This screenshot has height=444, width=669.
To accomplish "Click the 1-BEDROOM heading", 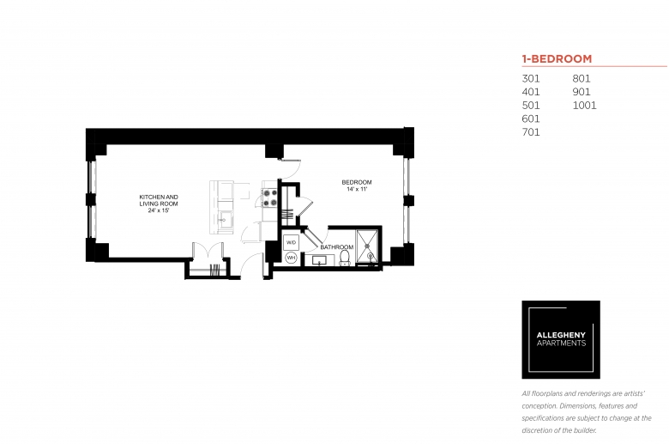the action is [557, 58].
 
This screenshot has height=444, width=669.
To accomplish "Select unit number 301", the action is [531, 79].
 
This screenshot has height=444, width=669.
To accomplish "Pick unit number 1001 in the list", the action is [584, 105].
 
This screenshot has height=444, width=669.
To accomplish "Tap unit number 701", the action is [531, 132].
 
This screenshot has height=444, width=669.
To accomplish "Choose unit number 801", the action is [582, 79].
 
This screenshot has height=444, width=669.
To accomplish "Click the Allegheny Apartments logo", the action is [561, 339].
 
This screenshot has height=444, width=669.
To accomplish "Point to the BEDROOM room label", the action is [357, 182].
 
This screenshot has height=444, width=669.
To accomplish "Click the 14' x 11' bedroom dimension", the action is [357, 189].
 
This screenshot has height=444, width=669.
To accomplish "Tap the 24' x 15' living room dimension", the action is [159, 210].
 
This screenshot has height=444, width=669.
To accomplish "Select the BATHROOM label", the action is [336, 247].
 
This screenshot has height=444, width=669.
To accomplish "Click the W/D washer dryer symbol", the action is [291, 242].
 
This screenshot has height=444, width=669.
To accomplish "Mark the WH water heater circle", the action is [291, 258].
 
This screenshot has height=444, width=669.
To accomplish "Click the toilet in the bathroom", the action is [345, 258].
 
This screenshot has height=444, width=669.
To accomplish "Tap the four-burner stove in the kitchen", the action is [269, 198].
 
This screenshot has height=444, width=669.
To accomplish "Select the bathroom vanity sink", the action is [320, 260].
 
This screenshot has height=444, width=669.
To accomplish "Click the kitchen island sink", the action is [223, 220].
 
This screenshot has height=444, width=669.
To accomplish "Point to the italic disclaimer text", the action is [587, 412].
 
